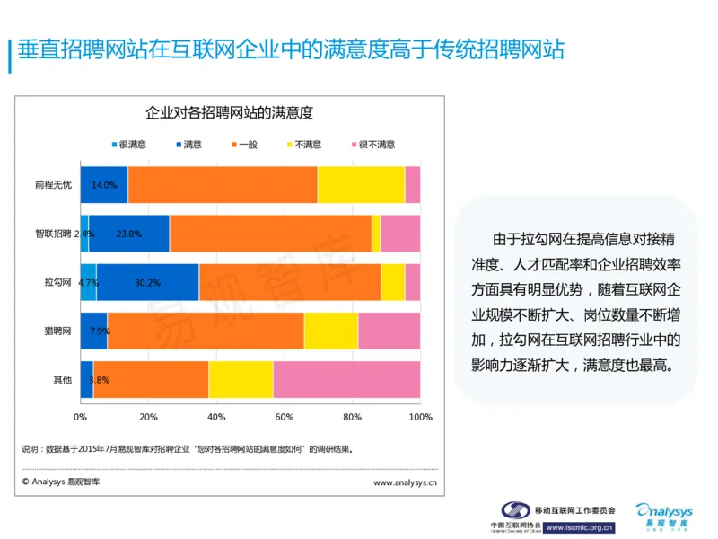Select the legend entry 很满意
point(128,144)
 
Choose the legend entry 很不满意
point(371,144)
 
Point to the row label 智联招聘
point(54,234)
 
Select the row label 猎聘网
point(58,331)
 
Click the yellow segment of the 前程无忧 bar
point(361,185)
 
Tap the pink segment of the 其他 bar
point(346,379)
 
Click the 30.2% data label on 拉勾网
point(147,282)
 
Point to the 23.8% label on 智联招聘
point(128,234)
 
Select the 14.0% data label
point(104,185)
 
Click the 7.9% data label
point(99,331)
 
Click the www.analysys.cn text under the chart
point(406,482)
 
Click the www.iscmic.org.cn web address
point(579,528)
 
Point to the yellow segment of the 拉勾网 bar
point(392,282)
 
